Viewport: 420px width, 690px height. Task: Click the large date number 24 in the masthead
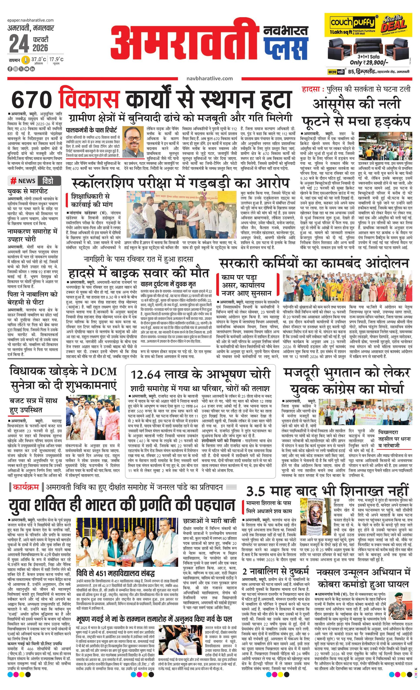19,44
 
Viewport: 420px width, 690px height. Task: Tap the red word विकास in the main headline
89,99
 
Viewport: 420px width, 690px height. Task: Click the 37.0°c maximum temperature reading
39,59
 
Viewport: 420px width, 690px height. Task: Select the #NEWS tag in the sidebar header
23,181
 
